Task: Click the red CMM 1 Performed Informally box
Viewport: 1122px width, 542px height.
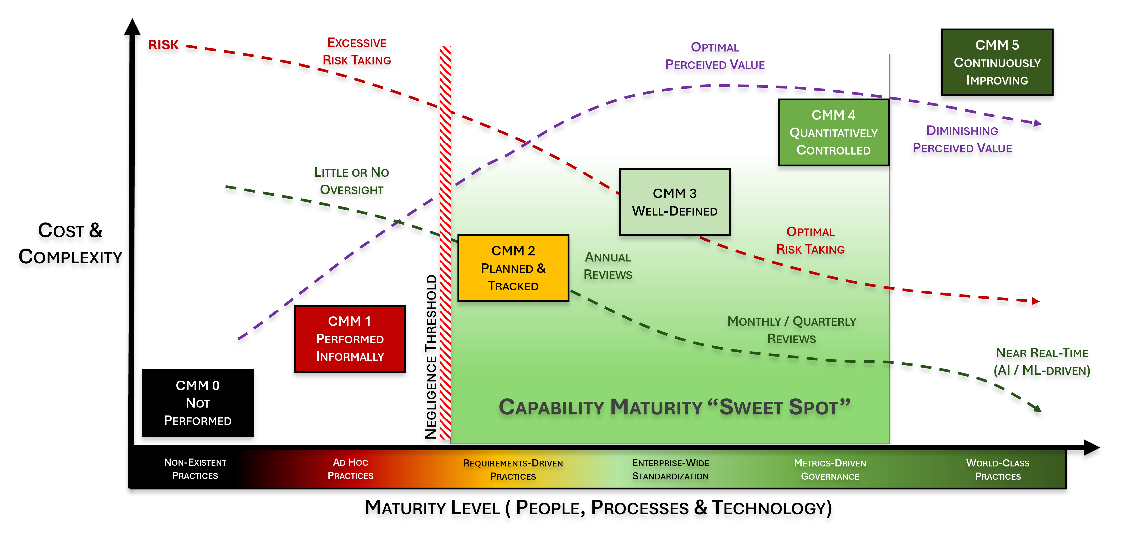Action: point(350,339)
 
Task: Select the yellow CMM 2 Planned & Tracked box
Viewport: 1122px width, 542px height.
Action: point(513,268)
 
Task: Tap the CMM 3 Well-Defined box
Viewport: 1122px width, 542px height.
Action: point(675,202)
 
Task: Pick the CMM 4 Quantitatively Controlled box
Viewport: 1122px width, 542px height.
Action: point(833,132)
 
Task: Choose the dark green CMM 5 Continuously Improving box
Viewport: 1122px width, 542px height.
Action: point(997,62)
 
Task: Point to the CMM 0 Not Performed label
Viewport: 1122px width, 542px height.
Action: point(198,403)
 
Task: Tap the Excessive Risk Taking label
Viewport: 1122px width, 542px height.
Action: point(357,52)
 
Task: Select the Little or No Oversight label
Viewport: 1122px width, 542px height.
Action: point(352,181)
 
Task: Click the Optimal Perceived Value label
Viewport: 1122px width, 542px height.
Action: point(715,56)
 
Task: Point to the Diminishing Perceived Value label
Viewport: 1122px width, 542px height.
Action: point(962,139)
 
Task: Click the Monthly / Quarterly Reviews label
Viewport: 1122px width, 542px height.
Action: point(791,330)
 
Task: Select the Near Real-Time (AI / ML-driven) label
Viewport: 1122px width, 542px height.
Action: point(1042,362)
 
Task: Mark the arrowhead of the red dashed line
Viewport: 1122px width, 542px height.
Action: point(1035,301)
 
